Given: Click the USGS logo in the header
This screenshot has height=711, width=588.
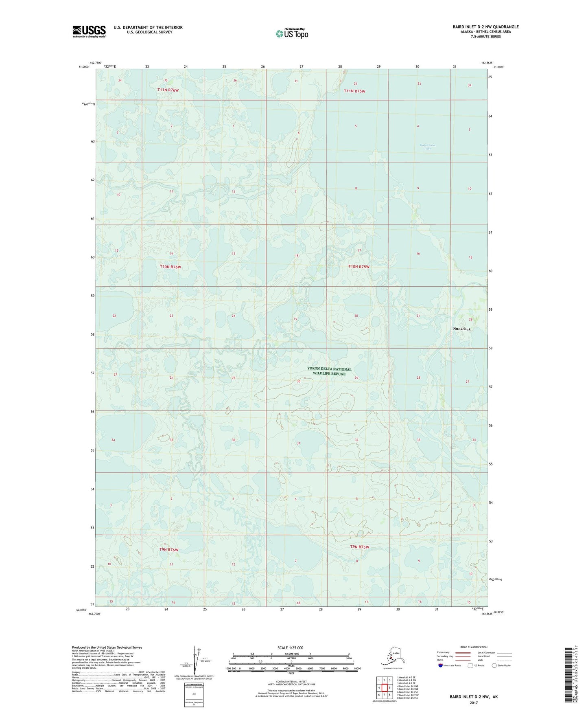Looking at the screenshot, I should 89,31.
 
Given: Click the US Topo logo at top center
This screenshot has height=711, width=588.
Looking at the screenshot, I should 291,33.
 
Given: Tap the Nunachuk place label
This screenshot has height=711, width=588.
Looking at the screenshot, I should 462,329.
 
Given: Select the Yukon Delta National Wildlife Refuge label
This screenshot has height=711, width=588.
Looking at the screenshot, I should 329,371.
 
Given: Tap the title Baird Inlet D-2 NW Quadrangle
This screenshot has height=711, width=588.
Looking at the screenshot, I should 485,27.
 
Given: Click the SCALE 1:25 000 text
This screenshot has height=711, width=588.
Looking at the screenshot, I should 291,647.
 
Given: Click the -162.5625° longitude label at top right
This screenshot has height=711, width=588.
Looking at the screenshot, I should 488,63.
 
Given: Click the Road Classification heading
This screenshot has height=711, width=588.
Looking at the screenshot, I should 474,647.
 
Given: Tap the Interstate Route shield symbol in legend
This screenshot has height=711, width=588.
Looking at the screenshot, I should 441,665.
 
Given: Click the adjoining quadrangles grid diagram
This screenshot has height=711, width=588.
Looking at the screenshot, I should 384,689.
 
